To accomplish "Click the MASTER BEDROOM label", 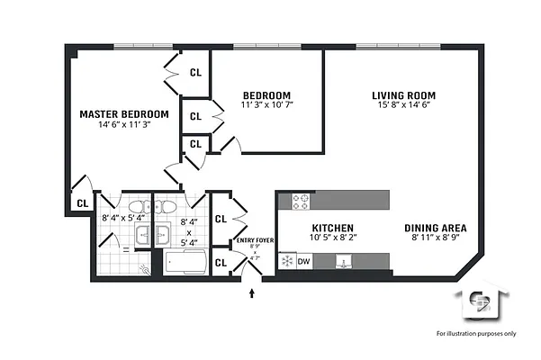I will pos(123,114).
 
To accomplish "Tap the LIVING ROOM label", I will pos(403,95).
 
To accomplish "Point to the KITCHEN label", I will pos(332,228).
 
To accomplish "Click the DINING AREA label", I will pos(435,228).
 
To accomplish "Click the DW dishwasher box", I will pos(304,261).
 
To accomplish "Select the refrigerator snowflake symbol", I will pos(287,261).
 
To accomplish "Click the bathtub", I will pos(185,264).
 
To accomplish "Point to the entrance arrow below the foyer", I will pos(252,292).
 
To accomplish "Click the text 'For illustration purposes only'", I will pos(476,334).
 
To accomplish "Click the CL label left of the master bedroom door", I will pos(81,204).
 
